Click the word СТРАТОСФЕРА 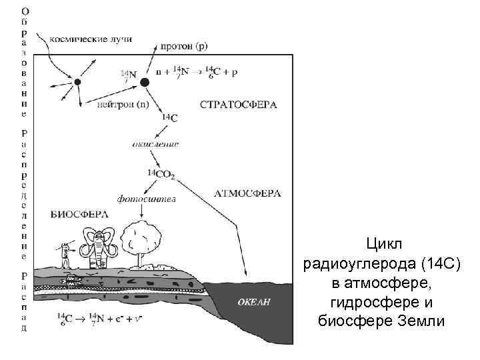point(238,105)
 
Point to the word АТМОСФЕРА point(247,193)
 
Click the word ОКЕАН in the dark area point(255,302)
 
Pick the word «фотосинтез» point(147,197)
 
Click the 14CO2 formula point(162,174)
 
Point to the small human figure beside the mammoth point(65,255)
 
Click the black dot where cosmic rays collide point(77,82)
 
